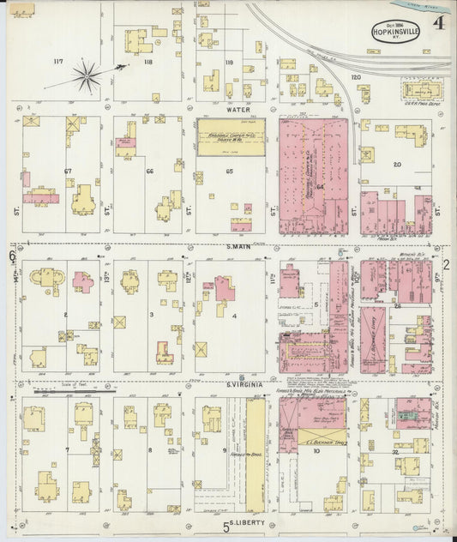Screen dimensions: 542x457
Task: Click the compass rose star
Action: point(87,77)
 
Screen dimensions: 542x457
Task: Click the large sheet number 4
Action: point(437,23)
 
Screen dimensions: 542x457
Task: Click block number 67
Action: point(67,171)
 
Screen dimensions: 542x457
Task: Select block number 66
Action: point(149,171)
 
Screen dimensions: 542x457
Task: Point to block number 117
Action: point(59,61)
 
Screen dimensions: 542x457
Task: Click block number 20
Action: point(396,164)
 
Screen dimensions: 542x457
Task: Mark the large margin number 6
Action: point(12,256)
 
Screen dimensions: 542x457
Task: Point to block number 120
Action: point(355,77)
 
